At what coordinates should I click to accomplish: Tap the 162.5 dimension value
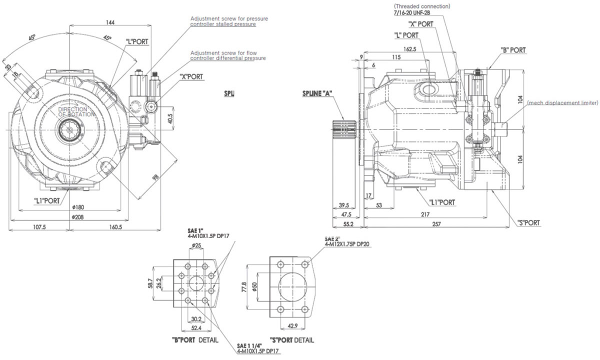(x=409, y=49)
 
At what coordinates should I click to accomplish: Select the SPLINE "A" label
(x=317, y=93)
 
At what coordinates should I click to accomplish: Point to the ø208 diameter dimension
(x=77, y=217)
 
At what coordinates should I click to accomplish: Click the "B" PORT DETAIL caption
(x=195, y=340)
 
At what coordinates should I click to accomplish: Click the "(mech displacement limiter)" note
(x=562, y=103)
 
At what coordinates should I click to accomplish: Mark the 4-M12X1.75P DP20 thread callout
(x=346, y=244)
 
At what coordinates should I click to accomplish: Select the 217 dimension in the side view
(x=425, y=213)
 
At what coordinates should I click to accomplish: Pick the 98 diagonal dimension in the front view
(x=156, y=176)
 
